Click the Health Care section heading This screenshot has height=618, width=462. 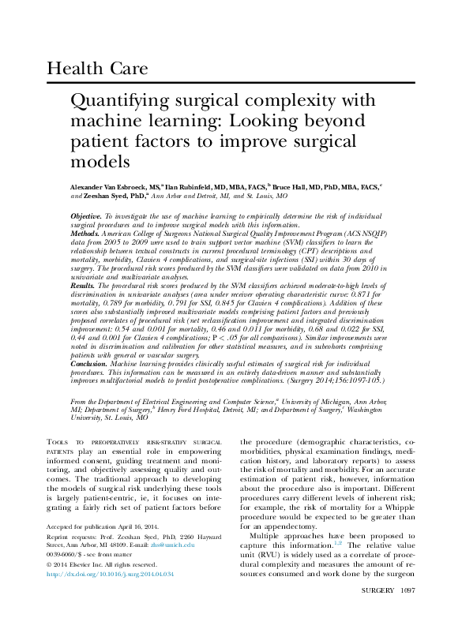[97, 69]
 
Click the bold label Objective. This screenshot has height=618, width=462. [85, 215]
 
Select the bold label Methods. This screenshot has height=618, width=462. [85, 234]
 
